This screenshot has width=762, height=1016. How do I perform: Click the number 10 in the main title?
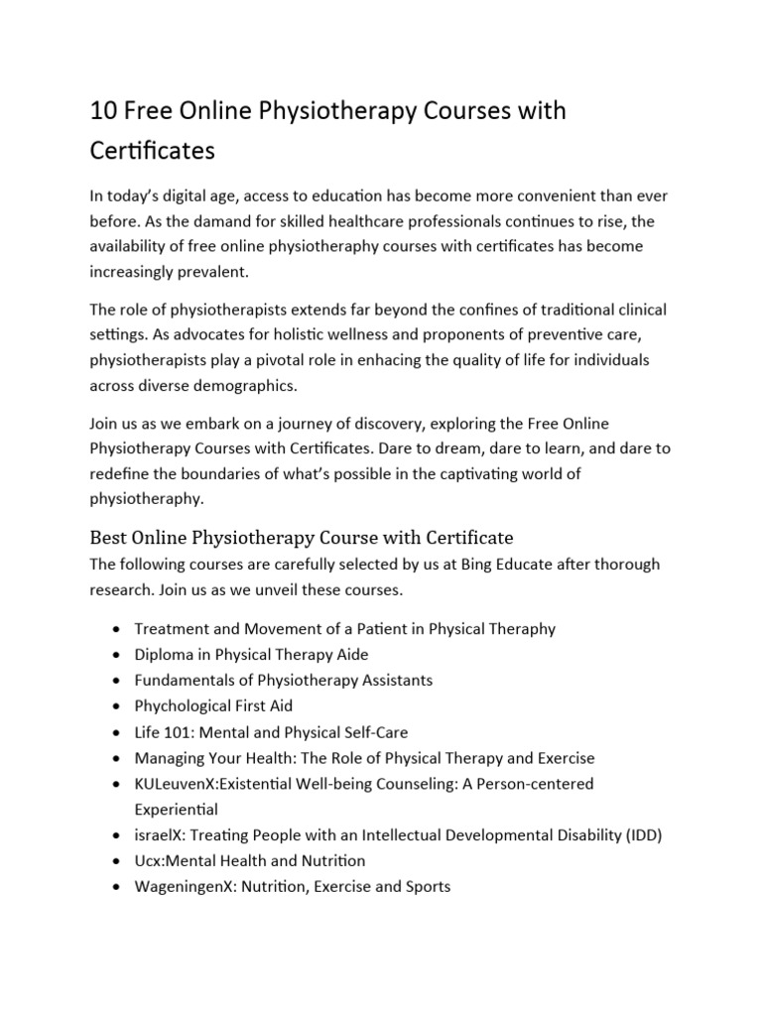coord(103,111)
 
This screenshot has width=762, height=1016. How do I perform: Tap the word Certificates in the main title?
coord(152,152)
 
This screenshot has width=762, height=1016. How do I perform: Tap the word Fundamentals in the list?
coord(183,681)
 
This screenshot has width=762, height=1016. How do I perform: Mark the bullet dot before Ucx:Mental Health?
coord(118,861)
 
